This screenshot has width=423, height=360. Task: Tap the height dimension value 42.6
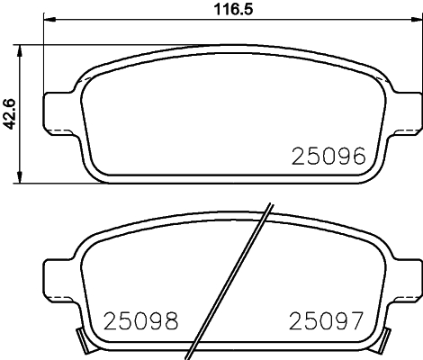click(10, 113)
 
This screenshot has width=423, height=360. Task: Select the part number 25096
click(328, 157)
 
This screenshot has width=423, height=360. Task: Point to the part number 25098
click(141, 320)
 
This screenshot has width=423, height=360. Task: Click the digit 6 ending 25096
click(356, 157)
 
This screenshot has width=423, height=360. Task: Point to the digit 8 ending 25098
click(170, 320)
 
